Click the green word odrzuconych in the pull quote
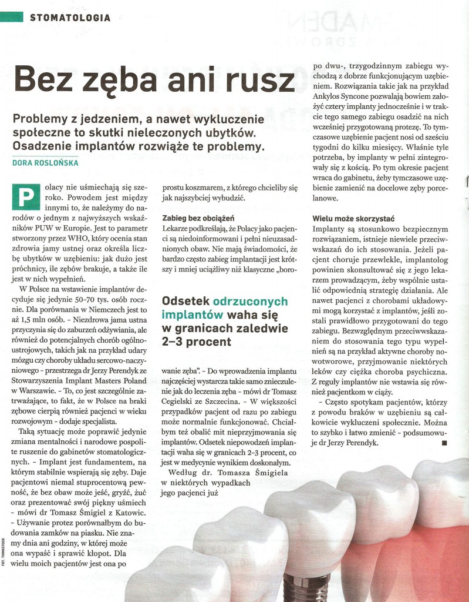(x=251, y=301)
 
